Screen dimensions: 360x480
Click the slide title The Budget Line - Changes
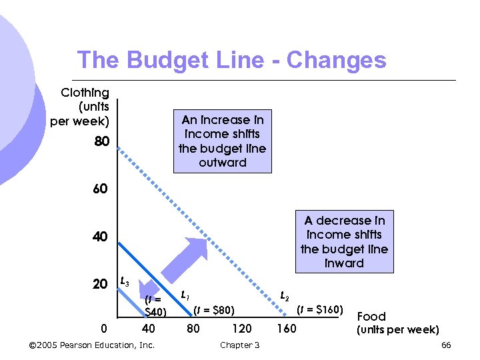(x=231, y=60)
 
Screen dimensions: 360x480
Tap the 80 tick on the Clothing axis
(x=100, y=141)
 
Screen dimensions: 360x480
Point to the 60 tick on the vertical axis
(x=100, y=189)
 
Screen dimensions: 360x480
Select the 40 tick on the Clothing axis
(x=100, y=237)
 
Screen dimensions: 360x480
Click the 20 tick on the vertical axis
(x=100, y=285)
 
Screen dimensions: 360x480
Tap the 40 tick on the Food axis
(x=149, y=329)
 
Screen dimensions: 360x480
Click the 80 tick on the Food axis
(x=193, y=329)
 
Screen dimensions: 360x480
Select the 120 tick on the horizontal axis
(x=241, y=329)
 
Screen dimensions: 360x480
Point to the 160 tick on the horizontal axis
(x=286, y=329)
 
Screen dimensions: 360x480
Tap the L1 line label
(x=185, y=294)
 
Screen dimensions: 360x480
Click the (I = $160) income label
(x=320, y=309)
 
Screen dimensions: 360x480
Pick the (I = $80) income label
(x=214, y=309)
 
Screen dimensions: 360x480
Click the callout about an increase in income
(x=223, y=141)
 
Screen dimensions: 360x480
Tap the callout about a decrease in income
(x=344, y=241)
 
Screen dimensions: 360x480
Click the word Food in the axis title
(x=371, y=317)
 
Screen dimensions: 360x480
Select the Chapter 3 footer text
(x=239, y=345)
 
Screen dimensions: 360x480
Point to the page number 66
(x=446, y=345)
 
